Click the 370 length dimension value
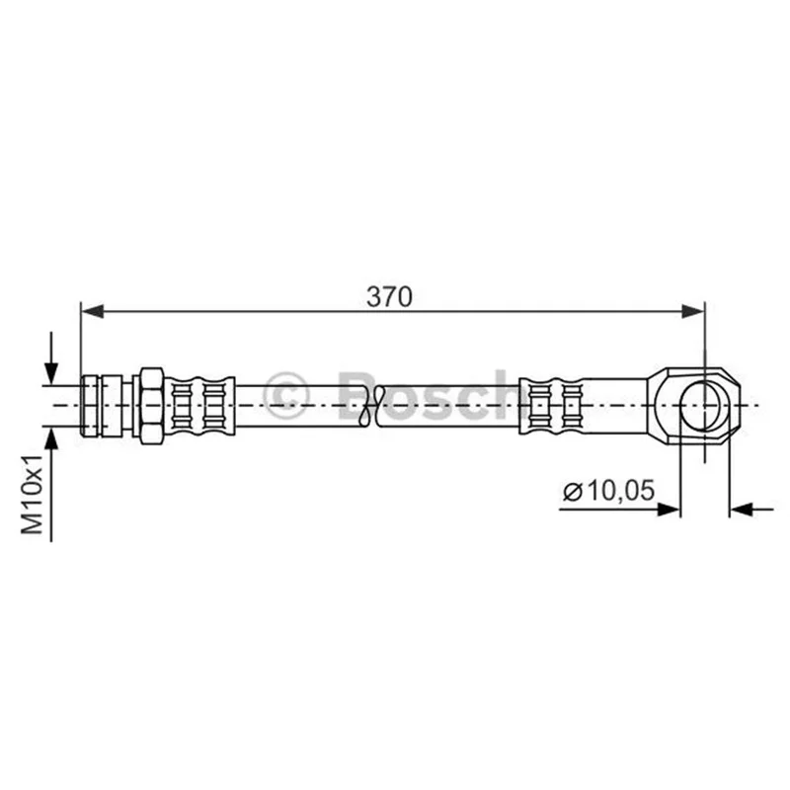click(x=389, y=297)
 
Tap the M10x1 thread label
click(x=33, y=494)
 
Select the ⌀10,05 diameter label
click(x=608, y=491)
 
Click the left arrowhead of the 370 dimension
click(x=92, y=311)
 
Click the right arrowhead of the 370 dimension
click(x=693, y=311)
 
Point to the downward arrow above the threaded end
click(x=51, y=358)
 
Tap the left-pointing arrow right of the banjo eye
click(x=751, y=510)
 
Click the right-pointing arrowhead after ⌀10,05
click(x=669, y=510)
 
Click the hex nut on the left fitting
click(x=151, y=406)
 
